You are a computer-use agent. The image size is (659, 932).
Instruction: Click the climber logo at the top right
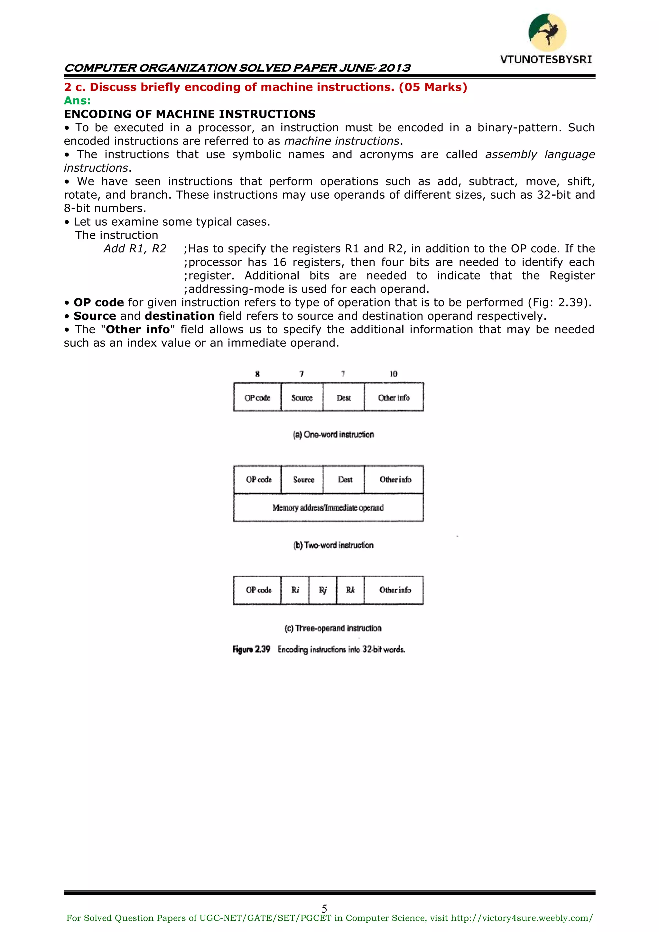click(x=547, y=33)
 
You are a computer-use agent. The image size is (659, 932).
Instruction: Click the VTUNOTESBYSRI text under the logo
click(x=546, y=60)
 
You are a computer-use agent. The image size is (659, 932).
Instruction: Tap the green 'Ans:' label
click(x=78, y=101)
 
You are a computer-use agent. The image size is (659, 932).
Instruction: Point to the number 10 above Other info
click(x=393, y=374)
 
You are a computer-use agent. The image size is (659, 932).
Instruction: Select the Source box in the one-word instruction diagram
click(x=302, y=397)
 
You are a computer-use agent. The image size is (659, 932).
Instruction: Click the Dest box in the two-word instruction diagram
click(x=345, y=480)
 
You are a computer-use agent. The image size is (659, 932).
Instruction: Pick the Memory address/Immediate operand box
click(x=328, y=508)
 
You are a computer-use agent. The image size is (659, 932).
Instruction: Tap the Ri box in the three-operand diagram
click(x=295, y=590)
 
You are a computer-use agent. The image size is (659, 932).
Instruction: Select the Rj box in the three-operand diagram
click(x=323, y=590)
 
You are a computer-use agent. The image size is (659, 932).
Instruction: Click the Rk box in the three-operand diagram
click(x=350, y=590)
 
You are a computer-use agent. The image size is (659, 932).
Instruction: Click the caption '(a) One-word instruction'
click(x=333, y=435)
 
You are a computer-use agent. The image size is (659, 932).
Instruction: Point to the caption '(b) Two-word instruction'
click(x=333, y=545)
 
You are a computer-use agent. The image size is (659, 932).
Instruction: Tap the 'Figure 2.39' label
click(x=251, y=649)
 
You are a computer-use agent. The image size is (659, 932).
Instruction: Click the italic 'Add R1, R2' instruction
click(x=135, y=249)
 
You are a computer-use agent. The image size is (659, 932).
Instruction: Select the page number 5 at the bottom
click(x=324, y=908)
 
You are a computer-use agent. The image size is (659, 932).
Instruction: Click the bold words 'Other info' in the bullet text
click(x=138, y=329)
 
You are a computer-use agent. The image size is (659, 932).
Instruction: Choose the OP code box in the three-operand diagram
click(x=258, y=590)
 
